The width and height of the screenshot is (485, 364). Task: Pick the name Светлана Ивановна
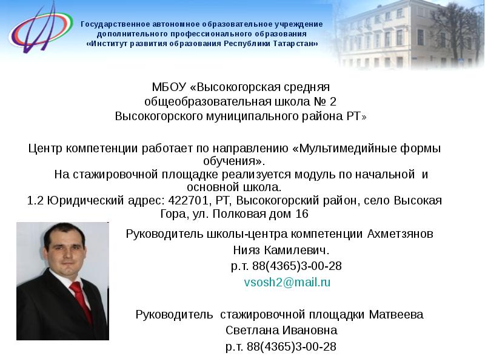pos(281,331)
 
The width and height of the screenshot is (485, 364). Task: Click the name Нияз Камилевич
pos(281,250)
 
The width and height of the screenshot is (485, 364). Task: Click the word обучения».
pos(233,161)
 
